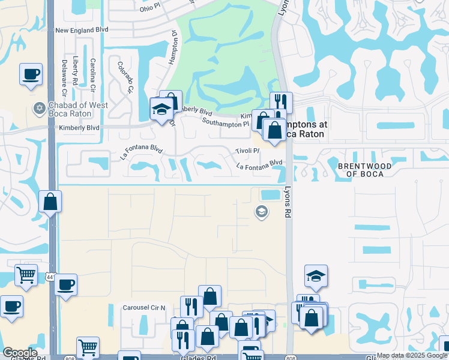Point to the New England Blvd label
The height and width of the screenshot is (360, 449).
[81, 29]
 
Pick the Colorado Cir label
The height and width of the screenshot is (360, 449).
[125, 77]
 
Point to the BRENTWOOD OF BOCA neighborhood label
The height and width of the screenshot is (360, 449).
[364, 169]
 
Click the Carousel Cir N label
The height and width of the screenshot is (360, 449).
[143, 307]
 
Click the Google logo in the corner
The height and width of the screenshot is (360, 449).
[20, 353]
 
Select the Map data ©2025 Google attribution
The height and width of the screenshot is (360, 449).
[412, 355]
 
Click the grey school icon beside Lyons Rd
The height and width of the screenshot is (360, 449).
[261, 211]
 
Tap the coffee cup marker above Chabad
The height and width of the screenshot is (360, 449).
[31, 75]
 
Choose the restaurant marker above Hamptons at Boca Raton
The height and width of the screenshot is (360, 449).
[281, 102]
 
